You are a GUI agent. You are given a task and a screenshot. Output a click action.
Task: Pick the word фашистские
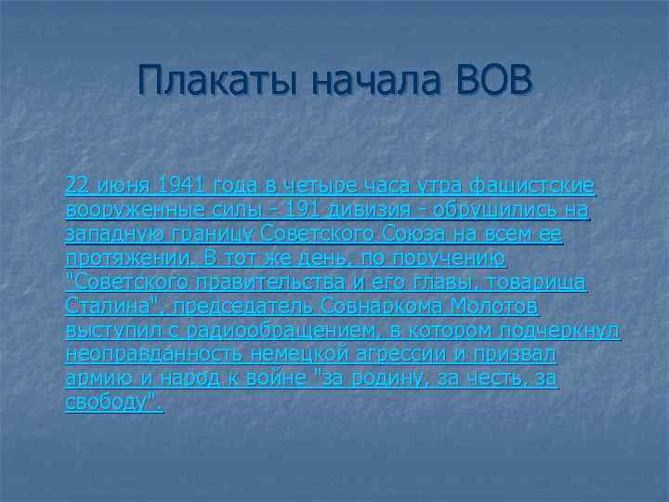click(544, 185)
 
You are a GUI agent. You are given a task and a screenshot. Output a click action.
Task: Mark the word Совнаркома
click(375, 306)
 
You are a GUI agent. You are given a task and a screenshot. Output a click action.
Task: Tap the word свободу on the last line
click(111, 403)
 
